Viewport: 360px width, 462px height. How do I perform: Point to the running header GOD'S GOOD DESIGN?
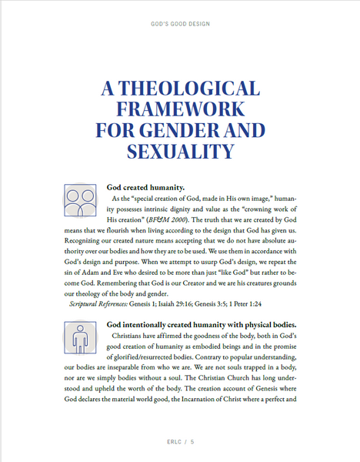179,24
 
